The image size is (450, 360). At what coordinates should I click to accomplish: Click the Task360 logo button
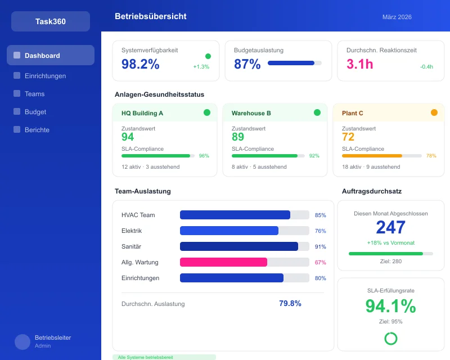(51, 21)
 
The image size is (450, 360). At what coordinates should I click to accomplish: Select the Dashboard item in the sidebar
(42, 56)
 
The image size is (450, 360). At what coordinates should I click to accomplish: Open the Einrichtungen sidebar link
(45, 76)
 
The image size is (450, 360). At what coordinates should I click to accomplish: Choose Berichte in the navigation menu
(37, 130)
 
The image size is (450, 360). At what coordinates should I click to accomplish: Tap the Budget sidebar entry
(35, 112)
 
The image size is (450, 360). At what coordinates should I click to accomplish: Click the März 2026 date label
(397, 17)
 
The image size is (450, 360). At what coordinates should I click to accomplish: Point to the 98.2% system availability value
(141, 64)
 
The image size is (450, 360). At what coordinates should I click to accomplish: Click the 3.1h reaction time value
(360, 64)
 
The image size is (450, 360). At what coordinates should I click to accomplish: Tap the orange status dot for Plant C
(434, 112)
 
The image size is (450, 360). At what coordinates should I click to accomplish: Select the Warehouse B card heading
(251, 113)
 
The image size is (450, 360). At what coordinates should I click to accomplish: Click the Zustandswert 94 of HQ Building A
(128, 137)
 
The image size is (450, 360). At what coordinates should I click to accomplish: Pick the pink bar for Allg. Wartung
(223, 262)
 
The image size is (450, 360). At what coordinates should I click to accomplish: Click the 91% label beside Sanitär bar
(320, 246)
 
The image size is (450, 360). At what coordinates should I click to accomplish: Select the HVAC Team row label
(138, 215)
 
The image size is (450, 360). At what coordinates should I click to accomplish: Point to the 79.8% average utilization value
(290, 303)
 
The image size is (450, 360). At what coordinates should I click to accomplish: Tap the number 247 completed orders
(390, 227)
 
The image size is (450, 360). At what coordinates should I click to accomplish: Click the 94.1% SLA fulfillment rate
(390, 306)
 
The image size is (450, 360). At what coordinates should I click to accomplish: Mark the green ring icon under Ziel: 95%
(390, 338)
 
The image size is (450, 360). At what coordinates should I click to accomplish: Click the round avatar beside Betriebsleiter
(22, 342)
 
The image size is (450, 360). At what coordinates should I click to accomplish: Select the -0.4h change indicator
(426, 66)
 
